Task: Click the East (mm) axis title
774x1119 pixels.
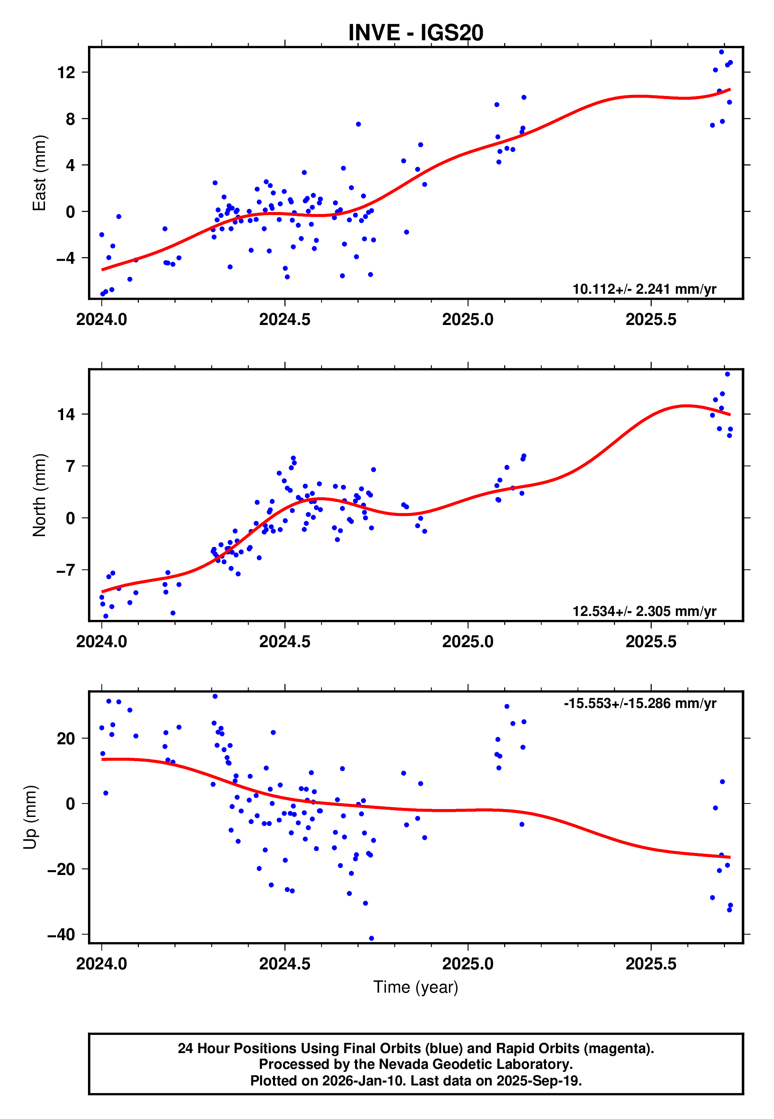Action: pyautogui.click(x=39, y=173)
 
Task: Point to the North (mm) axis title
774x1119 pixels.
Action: pyautogui.click(x=39, y=495)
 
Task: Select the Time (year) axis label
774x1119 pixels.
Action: pyautogui.click(x=416, y=988)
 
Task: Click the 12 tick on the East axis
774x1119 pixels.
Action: pyautogui.click(x=66, y=73)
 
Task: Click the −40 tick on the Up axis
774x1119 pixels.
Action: pyautogui.click(x=61, y=934)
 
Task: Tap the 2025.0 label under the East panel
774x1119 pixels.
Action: pyautogui.click(x=467, y=320)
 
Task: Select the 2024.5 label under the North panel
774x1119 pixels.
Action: pyautogui.click(x=285, y=642)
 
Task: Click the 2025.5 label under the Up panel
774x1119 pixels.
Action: pyautogui.click(x=651, y=964)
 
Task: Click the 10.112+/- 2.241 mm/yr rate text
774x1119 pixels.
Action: pyautogui.click(x=644, y=289)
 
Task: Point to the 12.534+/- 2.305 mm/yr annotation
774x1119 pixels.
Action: pyautogui.click(x=644, y=611)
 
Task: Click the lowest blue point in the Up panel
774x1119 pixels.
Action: pyautogui.click(x=372, y=939)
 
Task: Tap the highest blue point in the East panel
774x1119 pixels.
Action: pyautogui.click(x=722, y=52)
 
